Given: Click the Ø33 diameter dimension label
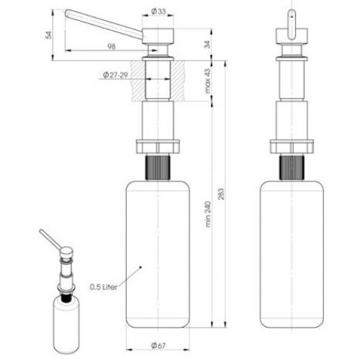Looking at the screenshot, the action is (x=158, y=11).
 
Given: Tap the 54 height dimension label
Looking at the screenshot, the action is (x=49, y=35).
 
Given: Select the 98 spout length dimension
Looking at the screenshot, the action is (x=112, y=46).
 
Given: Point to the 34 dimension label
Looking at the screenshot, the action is (x=207, y=45).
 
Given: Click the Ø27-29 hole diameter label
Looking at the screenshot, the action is (x=115, y=75).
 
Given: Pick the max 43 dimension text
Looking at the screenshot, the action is (x=207, y=81).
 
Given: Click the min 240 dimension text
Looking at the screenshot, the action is (x=207, y=215).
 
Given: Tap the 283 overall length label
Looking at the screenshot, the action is (x=221, y=194).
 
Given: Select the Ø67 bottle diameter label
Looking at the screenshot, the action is (x=158, y=346).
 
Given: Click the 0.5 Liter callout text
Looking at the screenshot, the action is (x=104, y=287).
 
